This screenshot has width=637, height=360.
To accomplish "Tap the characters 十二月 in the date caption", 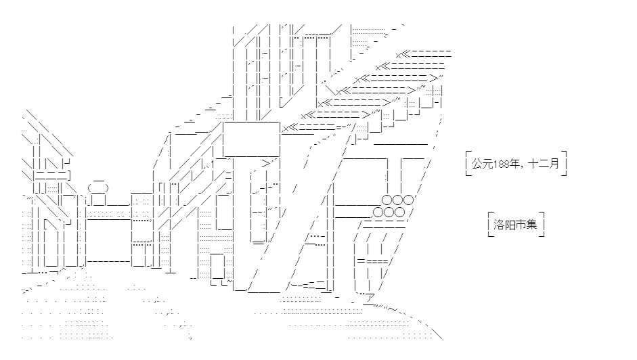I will point(544,164).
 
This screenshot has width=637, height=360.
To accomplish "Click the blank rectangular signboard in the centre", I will point(250,139).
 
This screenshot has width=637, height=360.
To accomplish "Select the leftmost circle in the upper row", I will point(387,200).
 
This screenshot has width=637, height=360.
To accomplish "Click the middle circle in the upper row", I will point(397,200).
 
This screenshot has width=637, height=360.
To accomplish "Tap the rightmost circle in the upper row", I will point(408,200).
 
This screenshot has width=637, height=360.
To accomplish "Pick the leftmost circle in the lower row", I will point(378,212).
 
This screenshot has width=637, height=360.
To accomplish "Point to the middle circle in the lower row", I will point(389,212).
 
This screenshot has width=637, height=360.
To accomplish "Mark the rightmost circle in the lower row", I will point(399,212).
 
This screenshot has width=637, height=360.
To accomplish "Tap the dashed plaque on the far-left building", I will point(51,175).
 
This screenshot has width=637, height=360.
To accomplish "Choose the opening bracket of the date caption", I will point(468,164).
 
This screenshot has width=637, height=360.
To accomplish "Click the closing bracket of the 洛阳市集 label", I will point(543,224).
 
